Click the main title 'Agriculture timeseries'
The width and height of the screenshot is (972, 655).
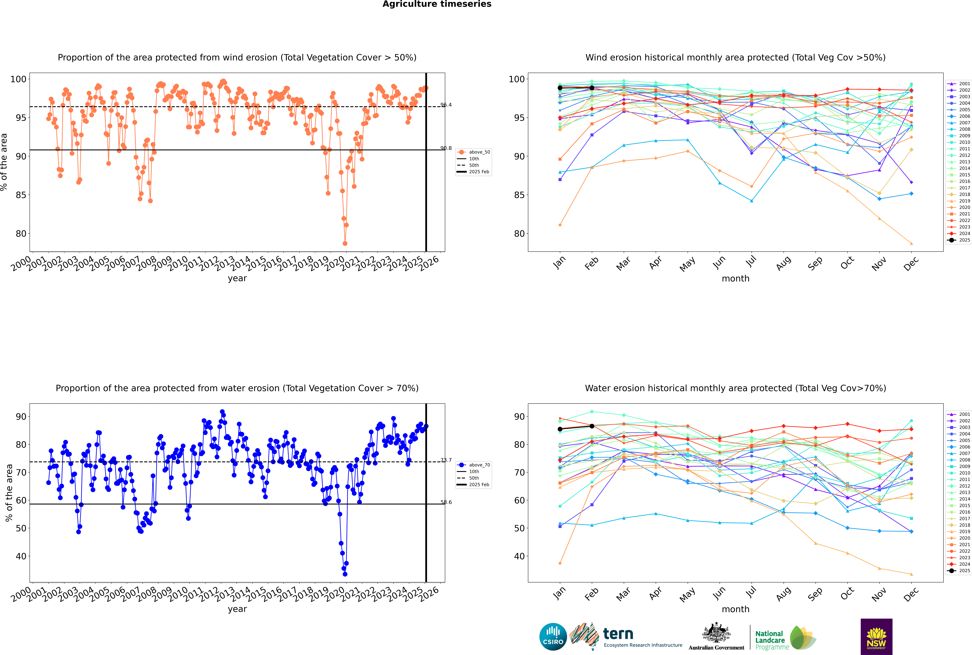pos(437,4)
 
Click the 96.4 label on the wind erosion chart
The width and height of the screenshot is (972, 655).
pos(446,105)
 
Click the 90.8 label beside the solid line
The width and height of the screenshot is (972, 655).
pos(446,148)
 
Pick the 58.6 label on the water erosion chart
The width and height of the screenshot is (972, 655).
pos(446,502)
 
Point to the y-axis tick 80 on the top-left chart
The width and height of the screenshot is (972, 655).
pos(21,234)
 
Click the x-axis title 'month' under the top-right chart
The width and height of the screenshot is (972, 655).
pos(735,279)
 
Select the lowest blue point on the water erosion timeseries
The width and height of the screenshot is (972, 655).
pos(345,574)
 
